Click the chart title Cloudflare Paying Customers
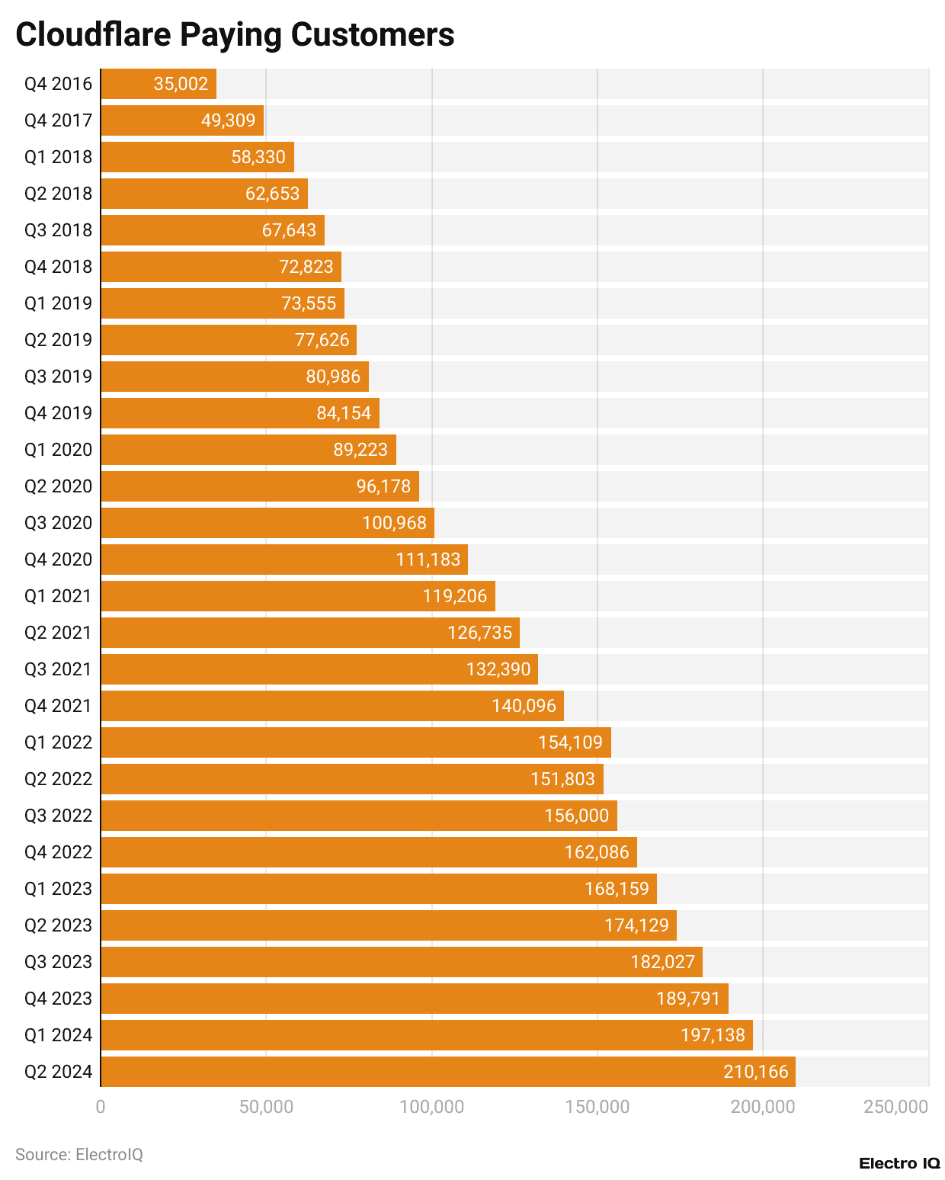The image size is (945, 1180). (235, 35)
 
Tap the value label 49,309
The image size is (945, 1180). (228, 120)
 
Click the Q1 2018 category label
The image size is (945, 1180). (58, 157)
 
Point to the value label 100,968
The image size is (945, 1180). (394, 523)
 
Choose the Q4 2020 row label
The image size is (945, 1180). (58, 560)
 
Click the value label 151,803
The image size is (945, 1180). (562, 779)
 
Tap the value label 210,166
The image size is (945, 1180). (755, 1072)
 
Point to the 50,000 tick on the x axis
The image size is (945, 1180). (266, 1107)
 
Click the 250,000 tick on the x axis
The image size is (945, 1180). (895, 1107)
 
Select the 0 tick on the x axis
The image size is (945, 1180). (101, 1107)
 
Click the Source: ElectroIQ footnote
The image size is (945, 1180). (79, 1154)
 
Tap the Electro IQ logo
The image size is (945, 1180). (899, 1163)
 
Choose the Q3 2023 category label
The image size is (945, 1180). (58, 962)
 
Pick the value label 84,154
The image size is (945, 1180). (344, 413)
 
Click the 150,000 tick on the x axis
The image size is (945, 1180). (597, 1107)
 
